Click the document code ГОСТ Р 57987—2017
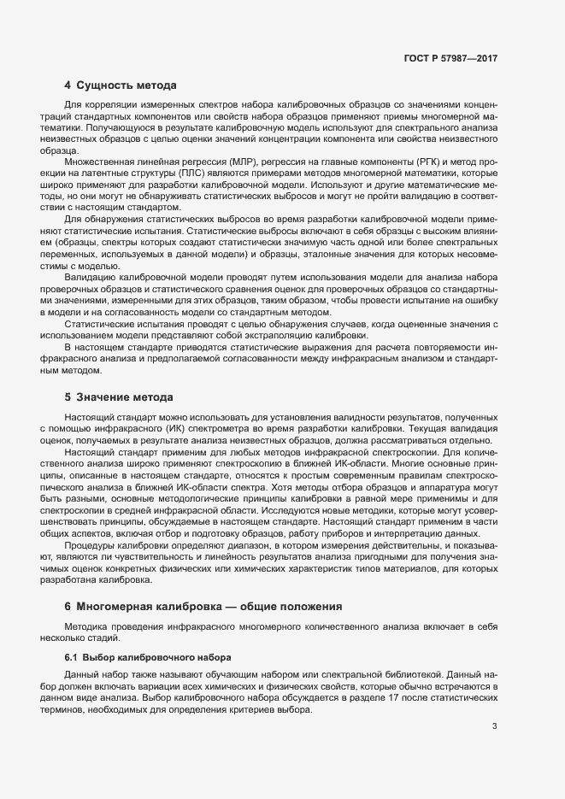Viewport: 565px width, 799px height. pos(450,59)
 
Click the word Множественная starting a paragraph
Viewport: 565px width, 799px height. pos(103,161)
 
